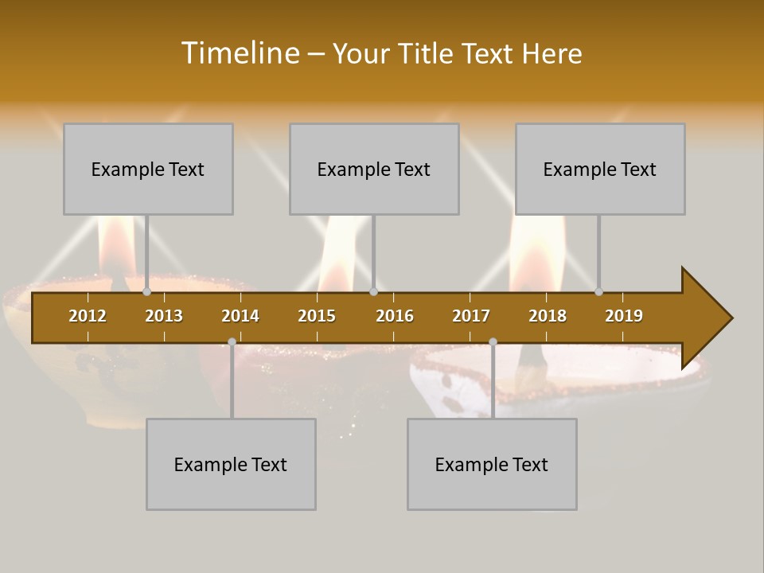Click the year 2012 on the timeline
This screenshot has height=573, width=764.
[x=88, y=316]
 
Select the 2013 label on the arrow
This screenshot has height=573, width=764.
[x=164, y=316]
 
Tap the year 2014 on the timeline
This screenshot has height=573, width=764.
[x=240, y=316]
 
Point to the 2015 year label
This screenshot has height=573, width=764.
[x=317, y=316]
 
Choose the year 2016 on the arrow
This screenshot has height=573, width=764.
[x=395, y=316]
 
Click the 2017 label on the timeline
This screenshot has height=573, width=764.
[x=471, y=316]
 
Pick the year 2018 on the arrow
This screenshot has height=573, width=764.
[x=548, y=316]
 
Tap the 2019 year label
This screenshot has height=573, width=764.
[x=624, y=316]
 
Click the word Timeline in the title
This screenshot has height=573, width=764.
[x=240, y=53]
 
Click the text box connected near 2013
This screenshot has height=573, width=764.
[x=148, y=169]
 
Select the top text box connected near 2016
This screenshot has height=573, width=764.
[x=374, y=169]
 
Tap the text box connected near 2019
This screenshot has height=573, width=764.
[x=600, y=169]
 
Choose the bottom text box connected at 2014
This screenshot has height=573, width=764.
[x=231, y=464]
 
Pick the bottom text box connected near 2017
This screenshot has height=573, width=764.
[x=492, y=464]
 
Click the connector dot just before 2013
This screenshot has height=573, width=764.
[x=146, y=292]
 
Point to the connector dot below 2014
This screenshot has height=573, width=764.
[x=232, y=341]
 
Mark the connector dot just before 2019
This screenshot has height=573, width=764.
[x=598, y=292]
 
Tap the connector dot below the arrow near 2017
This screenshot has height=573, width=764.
[x=493, y=341]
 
